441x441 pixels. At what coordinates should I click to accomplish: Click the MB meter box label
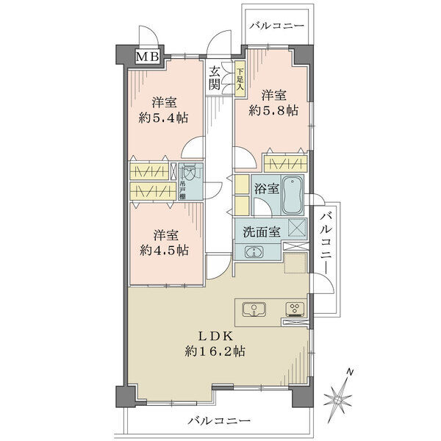(x=148, y=57)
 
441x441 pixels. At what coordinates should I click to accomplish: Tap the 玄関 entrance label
(x=215, y=79)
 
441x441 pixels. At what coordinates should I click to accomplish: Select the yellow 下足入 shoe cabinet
(x=240, y=79)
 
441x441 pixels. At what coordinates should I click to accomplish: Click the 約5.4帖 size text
(x=163, y=118)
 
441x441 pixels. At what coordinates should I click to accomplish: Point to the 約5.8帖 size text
(x=273, y=110)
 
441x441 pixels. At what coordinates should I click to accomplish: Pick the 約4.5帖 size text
(x=164, y=250)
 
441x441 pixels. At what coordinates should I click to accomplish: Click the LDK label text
(x=215, y=336)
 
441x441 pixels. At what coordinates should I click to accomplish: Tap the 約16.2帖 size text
(x=215, y=351)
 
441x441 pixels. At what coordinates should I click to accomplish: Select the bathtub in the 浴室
(x=293, y=196)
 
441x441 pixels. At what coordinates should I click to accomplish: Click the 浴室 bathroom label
(x=267, y=188)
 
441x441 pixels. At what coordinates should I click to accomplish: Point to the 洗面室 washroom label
(x=262, y=232)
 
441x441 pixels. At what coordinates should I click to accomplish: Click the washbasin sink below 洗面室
(x=254, y=251)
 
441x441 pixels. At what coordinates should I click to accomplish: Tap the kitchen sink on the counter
(x=254, y=309)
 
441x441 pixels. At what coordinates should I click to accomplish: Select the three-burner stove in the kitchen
(x=295, y=309)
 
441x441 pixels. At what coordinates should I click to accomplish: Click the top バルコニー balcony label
(x=277, y=26)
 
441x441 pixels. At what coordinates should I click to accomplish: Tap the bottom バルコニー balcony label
(x=219, y=421)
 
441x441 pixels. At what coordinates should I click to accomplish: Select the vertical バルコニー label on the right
(x=326, y=243)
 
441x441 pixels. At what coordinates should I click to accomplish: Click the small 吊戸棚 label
(x=182, y=190)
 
